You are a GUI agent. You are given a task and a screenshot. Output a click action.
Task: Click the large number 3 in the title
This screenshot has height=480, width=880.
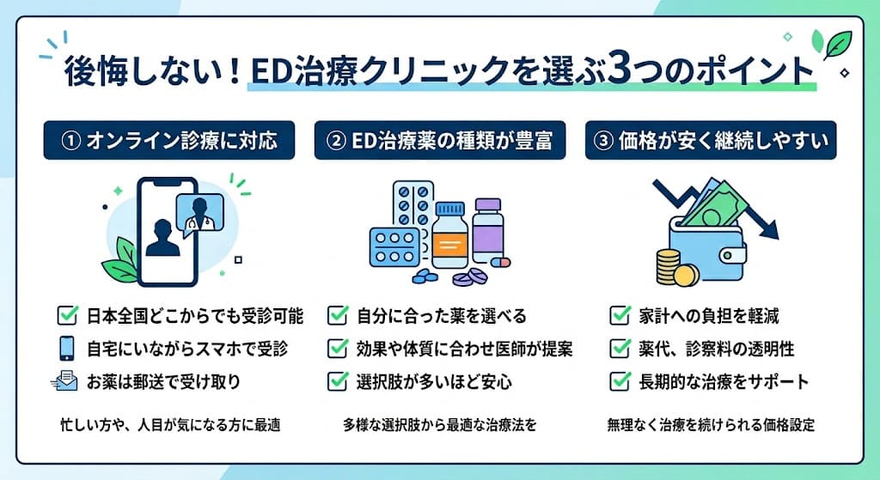click(x=621, y=71)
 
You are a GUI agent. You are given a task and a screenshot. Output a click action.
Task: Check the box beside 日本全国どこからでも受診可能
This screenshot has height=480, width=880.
click(x=68, y=315)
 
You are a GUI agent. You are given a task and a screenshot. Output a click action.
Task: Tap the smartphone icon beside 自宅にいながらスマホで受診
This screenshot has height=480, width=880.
click(x=68, y=348)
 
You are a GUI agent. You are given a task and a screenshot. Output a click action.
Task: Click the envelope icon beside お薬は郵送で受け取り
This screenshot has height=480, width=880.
click(x=67, y=380)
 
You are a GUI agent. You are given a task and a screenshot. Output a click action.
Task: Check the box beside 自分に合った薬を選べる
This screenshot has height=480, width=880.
click(x=338, y=315)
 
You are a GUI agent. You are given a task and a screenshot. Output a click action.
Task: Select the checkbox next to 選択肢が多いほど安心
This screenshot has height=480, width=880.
click(x=338, y=380)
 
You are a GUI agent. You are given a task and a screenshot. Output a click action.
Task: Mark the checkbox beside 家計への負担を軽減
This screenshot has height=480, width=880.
click(x=619, y=315)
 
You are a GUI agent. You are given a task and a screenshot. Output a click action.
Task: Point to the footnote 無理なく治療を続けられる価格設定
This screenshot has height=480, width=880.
click(x=711, y=424)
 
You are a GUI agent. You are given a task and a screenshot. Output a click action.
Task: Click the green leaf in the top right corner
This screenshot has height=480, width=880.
click(x=834, y=44)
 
